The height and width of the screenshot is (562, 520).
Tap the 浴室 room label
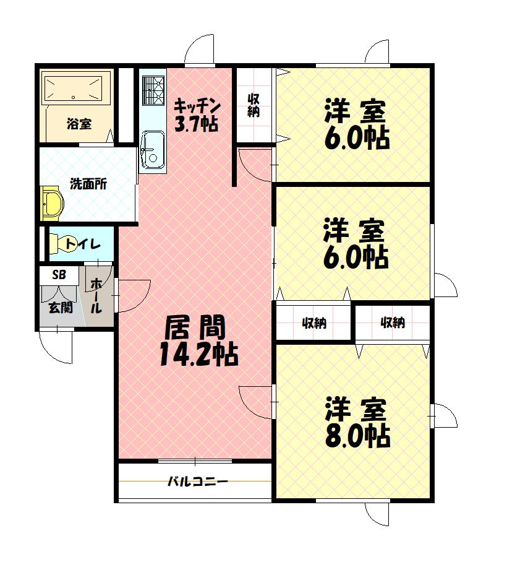(x=79, y=124)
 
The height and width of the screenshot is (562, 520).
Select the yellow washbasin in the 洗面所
(x=52, y=204)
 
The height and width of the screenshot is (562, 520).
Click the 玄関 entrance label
(x=60, y=308)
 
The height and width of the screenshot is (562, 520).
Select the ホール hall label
(x=97, y=296)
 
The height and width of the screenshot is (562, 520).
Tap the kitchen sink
(x=152, y=149)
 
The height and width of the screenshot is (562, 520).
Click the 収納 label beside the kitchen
(x=254, y=105)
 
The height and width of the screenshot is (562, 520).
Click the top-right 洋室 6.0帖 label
(x=357, y=124)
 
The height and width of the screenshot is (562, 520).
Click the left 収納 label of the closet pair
(x=314, y=322)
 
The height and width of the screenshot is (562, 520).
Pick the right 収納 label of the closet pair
(x=392, y=322)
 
